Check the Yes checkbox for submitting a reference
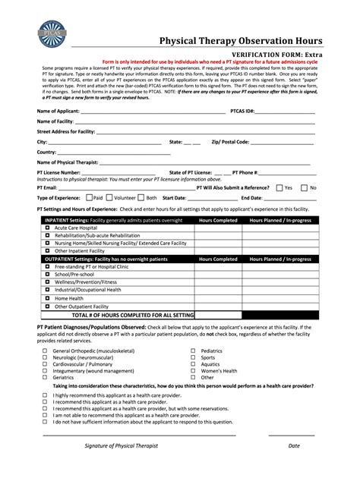point(280,187)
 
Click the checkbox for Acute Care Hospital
point(46,228)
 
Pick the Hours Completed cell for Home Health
point(218,299)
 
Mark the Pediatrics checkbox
point(192,351)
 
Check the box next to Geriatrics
point(45,376)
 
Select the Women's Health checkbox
point(192,370)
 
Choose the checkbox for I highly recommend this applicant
point(45,396)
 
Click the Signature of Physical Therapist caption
point(121,467)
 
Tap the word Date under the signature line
point(293,467)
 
